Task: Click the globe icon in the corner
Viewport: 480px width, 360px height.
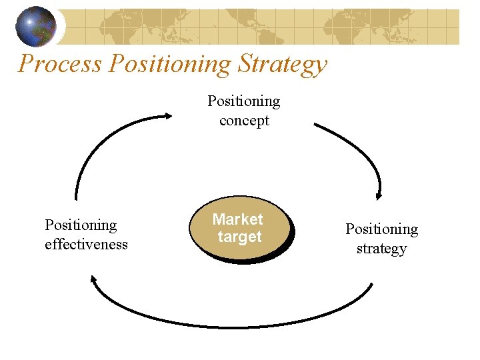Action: pyautogui.click(x=36, y=26)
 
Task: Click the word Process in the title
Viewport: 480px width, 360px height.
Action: pyautogui.click(x=60, y=64)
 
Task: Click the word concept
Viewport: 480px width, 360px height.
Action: pyautogui.click(x=244, y=121)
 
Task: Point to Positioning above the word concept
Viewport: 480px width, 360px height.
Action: pyautogui.click(x=244, y=101)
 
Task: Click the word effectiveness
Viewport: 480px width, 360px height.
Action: pyautogui.click(x=86, y=245)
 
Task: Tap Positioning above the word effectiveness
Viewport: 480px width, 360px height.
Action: pyautogui.click(x=81, y=225)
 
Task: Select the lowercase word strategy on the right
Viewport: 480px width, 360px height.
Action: pyautogui.click(x=381, y=249)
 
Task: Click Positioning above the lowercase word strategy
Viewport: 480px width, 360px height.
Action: pyautogui.click(x=381, y=229)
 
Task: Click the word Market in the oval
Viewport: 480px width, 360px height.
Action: pyautogui.click(x=238, y=219)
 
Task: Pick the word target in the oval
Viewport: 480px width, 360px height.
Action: pyautogui.click(x=239, y=237)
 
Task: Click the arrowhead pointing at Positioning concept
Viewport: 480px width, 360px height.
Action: pyautogui.click(x=166, y=117)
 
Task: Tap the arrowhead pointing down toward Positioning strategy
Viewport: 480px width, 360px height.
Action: pyautogui.click(x=379, y=195)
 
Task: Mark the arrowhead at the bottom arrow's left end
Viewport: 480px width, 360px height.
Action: pyautogui.click(x=95, y=281)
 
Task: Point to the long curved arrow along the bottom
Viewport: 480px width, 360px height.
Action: pyautogui.click(x=233, y=326)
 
